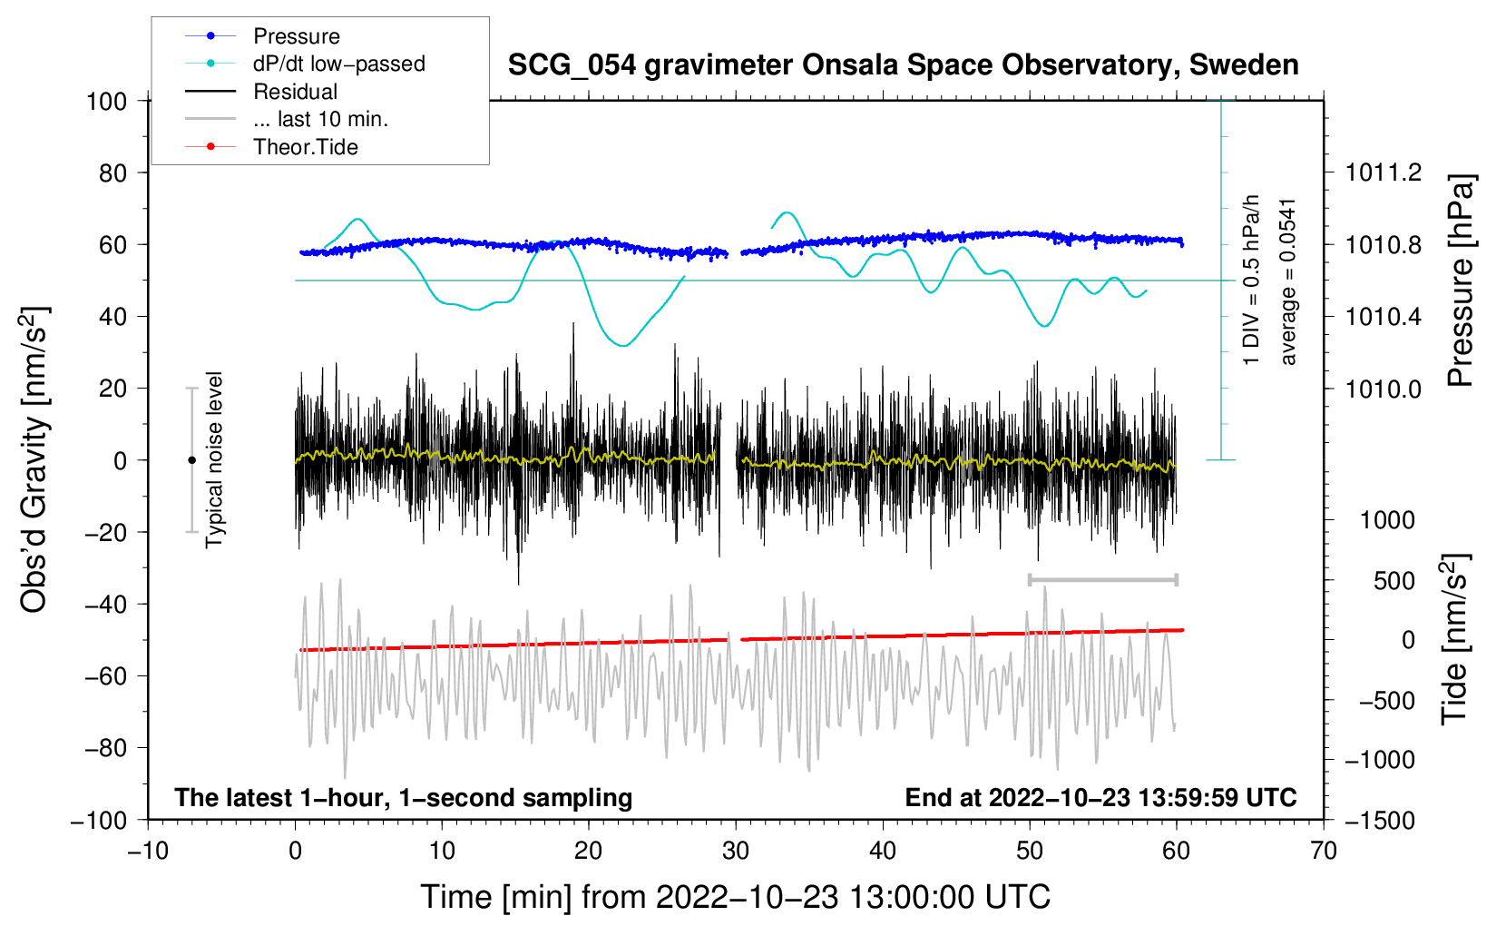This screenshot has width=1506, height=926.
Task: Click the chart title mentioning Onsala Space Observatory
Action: click(903, 65)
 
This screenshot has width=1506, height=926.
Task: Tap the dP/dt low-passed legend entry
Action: click(305, 64)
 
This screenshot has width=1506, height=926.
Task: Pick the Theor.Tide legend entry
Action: click(271, 147)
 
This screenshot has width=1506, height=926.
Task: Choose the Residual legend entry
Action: click(261, 91)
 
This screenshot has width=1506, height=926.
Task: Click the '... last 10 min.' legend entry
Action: click(287, 119)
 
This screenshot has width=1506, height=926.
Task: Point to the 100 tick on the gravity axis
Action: click(107, 102)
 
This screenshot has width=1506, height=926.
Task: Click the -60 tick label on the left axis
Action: click(105, 675)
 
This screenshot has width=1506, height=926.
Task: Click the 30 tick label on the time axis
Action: click(736, 851)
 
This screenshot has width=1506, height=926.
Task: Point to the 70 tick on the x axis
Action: click(1324, 851)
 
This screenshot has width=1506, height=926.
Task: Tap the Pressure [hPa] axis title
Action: click(1461, 281)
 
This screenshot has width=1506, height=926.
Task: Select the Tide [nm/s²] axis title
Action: click(1455, 639)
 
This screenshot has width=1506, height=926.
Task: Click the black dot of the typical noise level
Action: click(191, 460)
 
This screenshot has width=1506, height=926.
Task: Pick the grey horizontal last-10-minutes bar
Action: click(1102, 579)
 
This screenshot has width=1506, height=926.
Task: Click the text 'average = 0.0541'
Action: click(1287, 282)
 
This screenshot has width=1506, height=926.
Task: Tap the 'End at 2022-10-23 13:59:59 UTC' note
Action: click(1100, 797)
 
